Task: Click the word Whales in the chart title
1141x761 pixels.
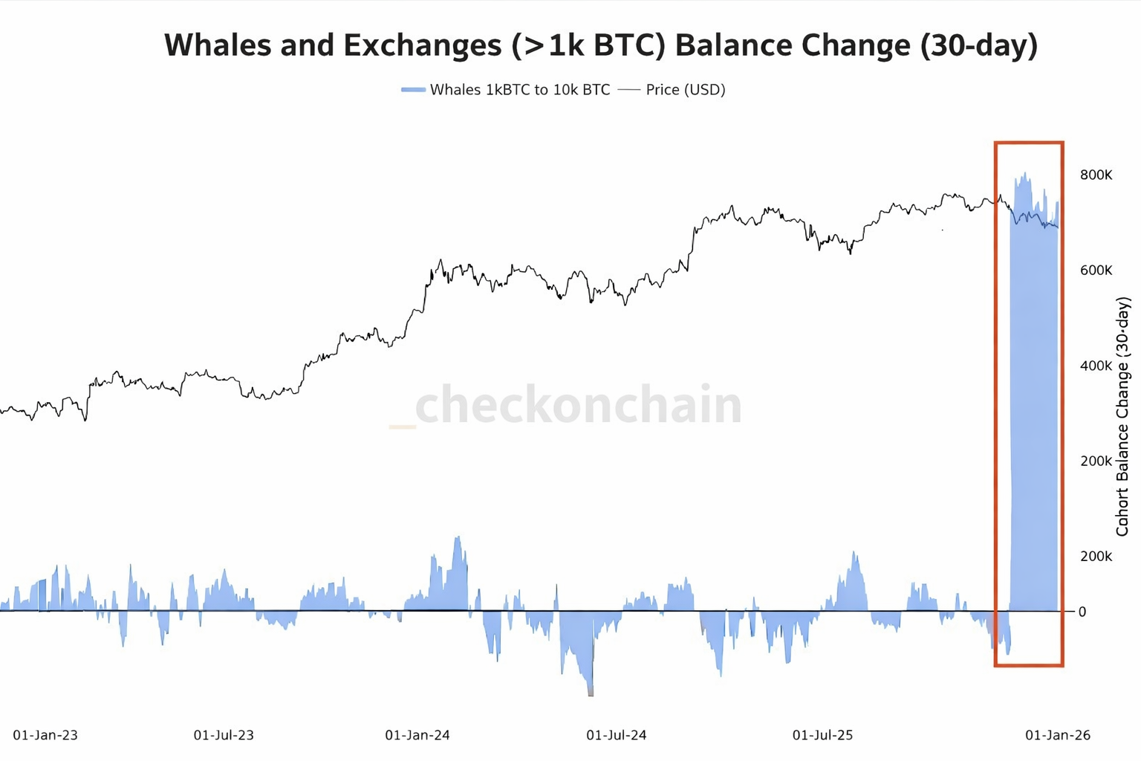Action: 215,45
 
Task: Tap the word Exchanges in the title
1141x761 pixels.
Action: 423,45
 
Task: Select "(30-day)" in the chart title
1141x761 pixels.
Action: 978,45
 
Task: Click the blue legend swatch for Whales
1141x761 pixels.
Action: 413,90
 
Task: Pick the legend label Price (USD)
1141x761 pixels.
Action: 685,90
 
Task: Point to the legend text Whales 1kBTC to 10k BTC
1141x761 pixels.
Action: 520,90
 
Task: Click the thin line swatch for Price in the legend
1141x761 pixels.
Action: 628,90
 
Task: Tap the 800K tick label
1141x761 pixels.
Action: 1096,175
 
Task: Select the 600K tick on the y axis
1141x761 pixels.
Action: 1096,271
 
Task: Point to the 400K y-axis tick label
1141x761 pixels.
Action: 1096,366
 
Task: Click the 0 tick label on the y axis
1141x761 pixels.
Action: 1082,612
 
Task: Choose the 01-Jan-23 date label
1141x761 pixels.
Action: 45,735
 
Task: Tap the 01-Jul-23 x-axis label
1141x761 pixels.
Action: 224,735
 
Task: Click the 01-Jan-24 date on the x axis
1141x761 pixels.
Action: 417,735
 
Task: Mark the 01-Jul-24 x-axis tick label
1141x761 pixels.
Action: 617,735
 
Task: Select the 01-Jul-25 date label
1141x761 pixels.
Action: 822,735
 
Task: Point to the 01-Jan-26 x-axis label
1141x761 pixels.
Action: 1058,735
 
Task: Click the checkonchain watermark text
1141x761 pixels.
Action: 579,405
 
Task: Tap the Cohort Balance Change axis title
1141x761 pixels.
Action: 1122,416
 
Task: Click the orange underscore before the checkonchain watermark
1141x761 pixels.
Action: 402,427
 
